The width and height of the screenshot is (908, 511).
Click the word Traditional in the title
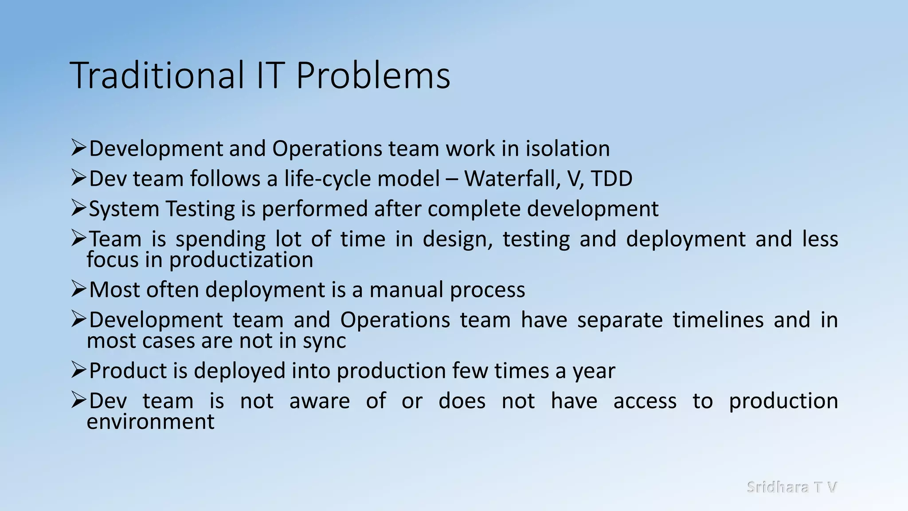[157, 75]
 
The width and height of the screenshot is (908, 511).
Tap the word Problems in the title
[373, 75]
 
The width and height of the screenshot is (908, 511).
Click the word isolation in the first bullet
[567, 149]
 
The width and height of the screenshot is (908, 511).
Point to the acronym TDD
[611, 179]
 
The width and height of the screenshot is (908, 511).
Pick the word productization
[241, 259]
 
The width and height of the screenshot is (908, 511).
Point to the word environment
[151, 421]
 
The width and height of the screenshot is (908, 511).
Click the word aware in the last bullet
[319, 401]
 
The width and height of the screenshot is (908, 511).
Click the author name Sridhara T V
[792, 487]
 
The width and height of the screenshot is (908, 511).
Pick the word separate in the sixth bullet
[620, 320]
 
